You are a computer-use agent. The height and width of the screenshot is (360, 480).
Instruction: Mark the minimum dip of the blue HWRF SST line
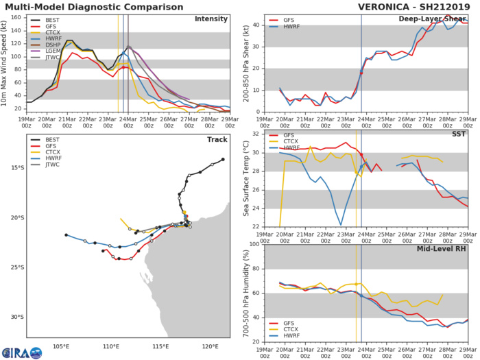tap(341, 225)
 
